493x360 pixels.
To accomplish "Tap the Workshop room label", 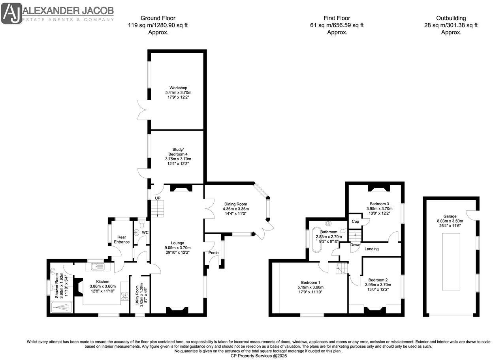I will point(178,88).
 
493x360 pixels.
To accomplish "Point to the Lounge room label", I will point(177,243).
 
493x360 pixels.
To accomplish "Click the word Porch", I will point(213,253).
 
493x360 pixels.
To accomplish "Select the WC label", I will point(145,232).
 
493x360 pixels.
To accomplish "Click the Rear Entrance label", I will point(122,239).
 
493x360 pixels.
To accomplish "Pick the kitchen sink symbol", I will point(96,267).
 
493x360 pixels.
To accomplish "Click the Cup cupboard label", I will point(355,221).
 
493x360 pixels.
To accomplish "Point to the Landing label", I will point(371,249).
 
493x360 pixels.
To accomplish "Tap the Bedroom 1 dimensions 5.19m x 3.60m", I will point(310,287).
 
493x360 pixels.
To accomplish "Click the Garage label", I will point(450,216).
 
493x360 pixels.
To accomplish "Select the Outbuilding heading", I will point(451,18).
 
